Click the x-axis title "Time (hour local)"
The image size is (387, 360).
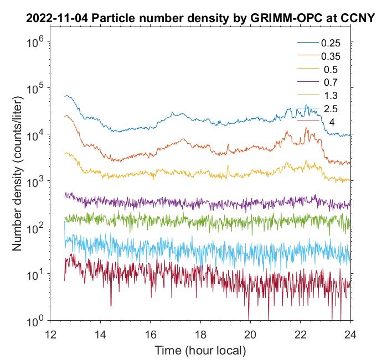pyautogui.click(x=200, y=351)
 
